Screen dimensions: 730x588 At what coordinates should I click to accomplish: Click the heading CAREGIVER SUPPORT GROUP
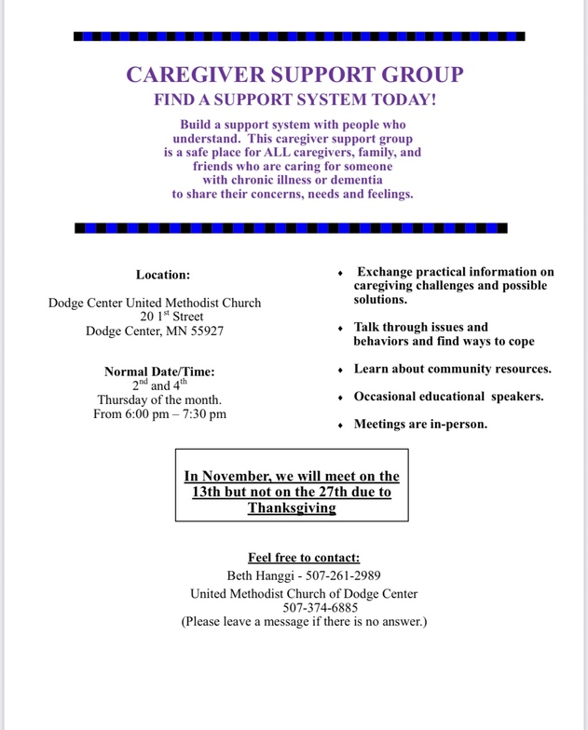pyautogui.click(x=294, y=75)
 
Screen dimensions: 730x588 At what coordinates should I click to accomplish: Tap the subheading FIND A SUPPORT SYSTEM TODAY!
pyautogui.click(x=294, y=100)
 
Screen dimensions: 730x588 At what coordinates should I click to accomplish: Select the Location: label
pyautogui.click(x=162, y=275)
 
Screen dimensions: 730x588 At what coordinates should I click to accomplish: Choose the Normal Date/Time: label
pyautogui.click(x=159, y=372)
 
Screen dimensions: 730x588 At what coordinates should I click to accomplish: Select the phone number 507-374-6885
pyautogui.click(x=304, y=607)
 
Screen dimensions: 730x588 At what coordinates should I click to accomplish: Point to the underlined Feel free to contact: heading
pyautogui.click(x=304, y=558)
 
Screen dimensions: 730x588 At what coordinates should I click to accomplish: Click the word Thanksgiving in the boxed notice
pyautogui.click(x=292, y=507)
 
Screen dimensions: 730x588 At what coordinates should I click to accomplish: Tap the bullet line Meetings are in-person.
pyautogui.click(x=420, y=424)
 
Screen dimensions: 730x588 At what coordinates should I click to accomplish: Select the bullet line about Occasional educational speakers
pyautogui.click(x=448, y=397)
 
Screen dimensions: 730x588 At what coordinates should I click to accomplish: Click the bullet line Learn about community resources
pyautogui.click(x=452, y=369)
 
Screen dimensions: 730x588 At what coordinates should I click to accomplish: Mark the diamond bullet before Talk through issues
pyautogui.click(x=340, y=329)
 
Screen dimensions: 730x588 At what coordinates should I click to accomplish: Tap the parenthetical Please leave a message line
pyautogui.click(x=304, y=621)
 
